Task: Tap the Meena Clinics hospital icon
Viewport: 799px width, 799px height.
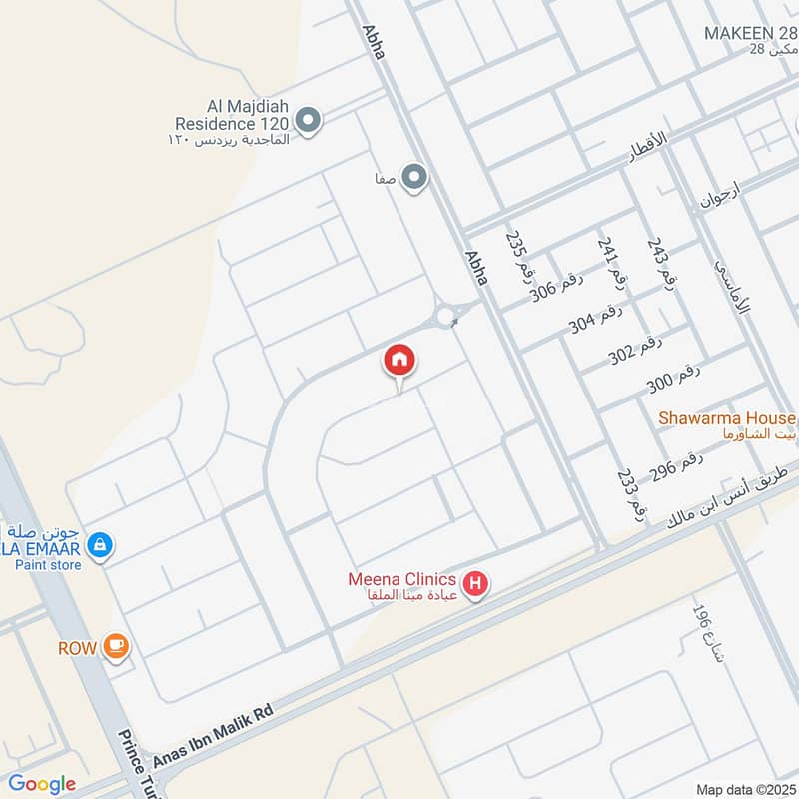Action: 477,585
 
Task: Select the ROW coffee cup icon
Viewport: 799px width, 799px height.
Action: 117,647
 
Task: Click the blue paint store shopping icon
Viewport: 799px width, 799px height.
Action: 99,545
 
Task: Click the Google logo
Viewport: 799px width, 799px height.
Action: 42,784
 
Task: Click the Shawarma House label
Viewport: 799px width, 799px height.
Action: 727,418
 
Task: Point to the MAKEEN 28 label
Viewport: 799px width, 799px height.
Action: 750,33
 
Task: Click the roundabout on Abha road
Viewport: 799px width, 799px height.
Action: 446,318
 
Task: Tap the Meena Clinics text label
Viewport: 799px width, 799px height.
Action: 401,579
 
